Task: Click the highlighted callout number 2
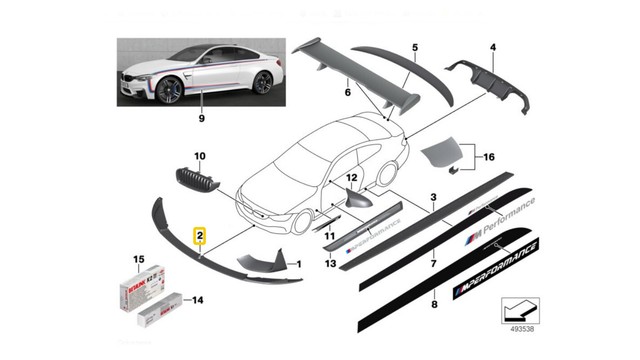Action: pos(201,236)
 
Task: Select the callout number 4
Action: pos(492,47)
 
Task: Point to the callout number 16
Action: pos(489,157)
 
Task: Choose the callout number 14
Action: pos(198,299)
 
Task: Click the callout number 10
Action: pos(198,156)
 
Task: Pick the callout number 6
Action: pos(348,93)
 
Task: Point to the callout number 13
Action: pos(330,263)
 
